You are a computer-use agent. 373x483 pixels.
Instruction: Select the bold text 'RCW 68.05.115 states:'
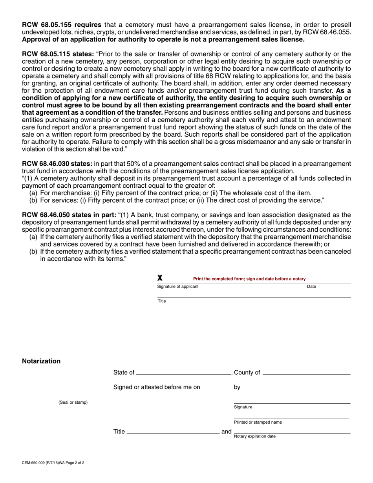[x=58, y=54]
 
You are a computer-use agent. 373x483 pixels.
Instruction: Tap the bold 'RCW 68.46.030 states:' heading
[x=57, y=164]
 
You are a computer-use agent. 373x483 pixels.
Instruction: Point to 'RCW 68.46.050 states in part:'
[x=69, y=215]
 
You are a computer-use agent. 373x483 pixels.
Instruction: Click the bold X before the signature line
[x=160, y=278]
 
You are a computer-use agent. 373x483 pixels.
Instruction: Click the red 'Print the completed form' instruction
[x=249, y=279]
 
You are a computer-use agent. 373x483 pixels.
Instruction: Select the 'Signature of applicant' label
[x=178, y=286]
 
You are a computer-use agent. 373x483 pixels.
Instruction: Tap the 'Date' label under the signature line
[x=311, y=287]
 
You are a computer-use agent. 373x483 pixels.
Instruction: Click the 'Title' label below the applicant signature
[x=162, y=301]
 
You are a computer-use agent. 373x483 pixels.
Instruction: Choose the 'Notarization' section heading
[x=41, y=361]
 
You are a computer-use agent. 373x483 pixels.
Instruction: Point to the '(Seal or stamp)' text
[x=73, y=402]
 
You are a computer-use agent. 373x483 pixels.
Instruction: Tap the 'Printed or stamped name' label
[x=258, y=423]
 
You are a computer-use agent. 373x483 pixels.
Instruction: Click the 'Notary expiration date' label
[x=255, y=436]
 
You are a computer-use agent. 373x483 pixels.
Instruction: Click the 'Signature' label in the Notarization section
[x=243, y=407]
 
